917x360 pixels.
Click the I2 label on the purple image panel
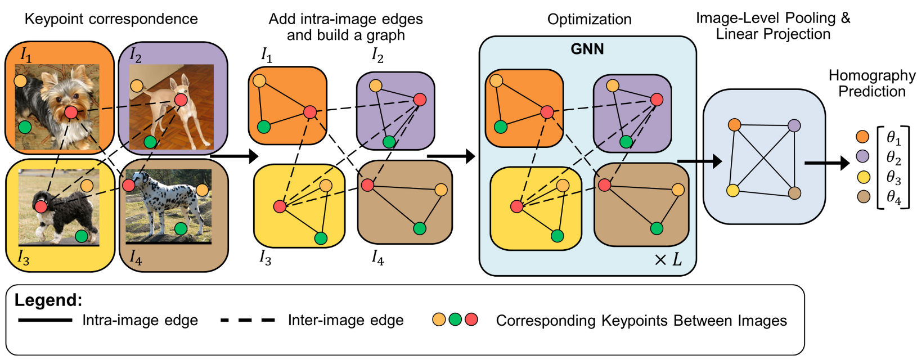pos(136,55)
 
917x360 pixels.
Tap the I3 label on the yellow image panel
pos(23,258)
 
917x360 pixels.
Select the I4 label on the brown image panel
pos(136,258)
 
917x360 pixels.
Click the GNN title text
pos(587,49)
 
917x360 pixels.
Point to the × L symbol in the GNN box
pos(668,260)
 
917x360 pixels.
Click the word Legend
pos(48,300)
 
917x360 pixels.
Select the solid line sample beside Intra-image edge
pos(45,320)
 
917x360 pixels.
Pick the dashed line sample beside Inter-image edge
pos(248,320)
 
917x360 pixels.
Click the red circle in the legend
pos(471,319)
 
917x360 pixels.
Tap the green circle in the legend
pos(455,319)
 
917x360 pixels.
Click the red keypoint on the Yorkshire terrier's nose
pos(71,112)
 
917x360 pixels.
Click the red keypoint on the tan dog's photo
pos(181,100)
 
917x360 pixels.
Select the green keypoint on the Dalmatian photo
pos(181,228)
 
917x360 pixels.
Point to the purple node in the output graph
pos(794,125)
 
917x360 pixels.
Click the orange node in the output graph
pos(734,125)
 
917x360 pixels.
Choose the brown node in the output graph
pos(794,193)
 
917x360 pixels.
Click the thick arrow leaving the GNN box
pos(701,162)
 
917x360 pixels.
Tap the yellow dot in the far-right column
pos(864,177)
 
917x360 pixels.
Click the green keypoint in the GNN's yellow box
pos(558,236)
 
